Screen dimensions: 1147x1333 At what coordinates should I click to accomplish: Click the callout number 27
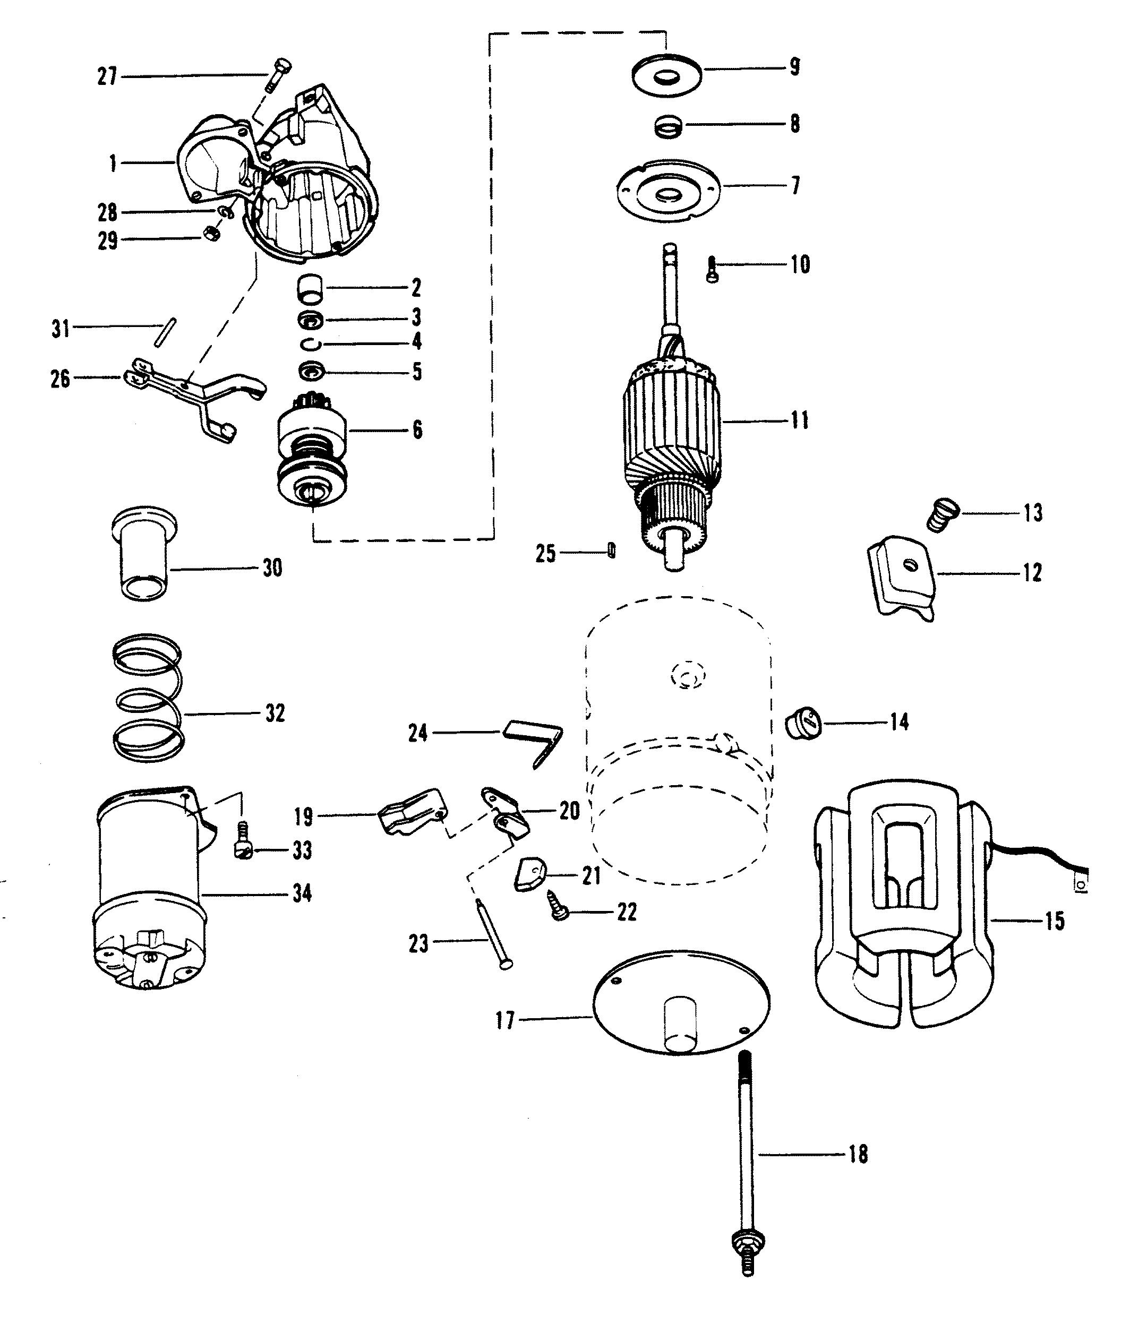tap(107, 77)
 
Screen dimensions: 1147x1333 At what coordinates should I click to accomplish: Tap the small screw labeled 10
tap(712, 270)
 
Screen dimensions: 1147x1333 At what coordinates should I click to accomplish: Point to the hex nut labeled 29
tap(209, 233)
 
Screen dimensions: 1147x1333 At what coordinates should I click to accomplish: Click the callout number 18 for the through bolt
tap(858, 1154)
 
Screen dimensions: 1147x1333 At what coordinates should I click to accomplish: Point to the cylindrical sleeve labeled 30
tap(144, 553)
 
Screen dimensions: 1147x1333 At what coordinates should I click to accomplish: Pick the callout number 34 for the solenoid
tap(302, 893)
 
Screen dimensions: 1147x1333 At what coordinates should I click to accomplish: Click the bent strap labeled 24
tap(534, 743)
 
